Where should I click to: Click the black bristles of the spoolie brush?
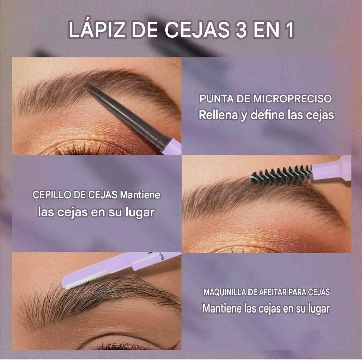(280, 174)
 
